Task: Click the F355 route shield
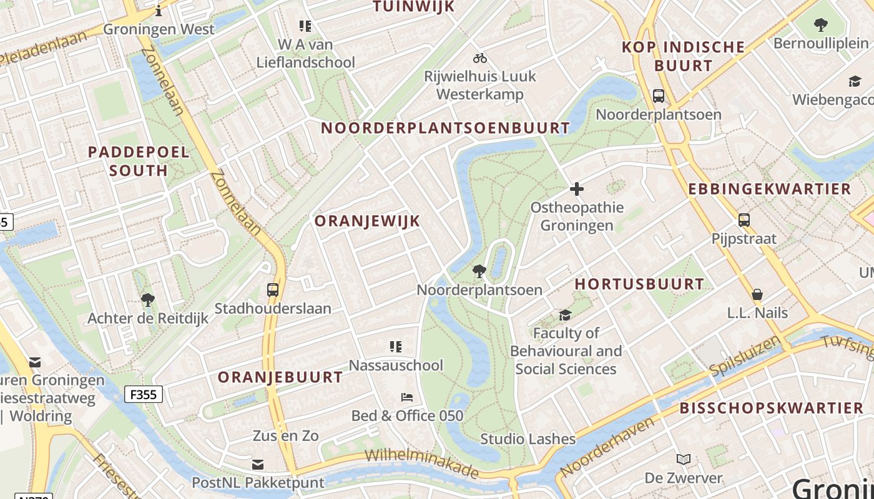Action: [144, 394]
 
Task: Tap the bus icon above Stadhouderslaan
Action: [273, 290]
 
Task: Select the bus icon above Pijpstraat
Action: [744, 220]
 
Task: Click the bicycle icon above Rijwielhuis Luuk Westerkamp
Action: [479, 58]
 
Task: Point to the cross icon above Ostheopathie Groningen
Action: [577, 188]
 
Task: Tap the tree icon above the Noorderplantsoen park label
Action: [479, 271]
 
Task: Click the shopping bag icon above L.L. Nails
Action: [757, 294]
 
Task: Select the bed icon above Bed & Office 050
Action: [407, 397]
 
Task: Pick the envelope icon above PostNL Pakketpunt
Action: [258, 464]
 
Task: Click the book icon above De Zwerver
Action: [684, 460]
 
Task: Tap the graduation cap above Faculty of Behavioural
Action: [566, 315]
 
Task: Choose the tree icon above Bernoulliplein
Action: [821, 25]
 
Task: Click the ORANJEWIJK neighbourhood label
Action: [367, 221]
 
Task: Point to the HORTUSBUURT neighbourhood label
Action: [639, 284]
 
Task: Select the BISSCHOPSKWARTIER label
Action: [772, 409]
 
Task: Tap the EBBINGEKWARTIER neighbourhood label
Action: [770, 189]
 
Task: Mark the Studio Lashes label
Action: [528, 439]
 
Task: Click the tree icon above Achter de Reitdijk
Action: [148, 300]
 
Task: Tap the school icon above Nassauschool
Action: [395, 347]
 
